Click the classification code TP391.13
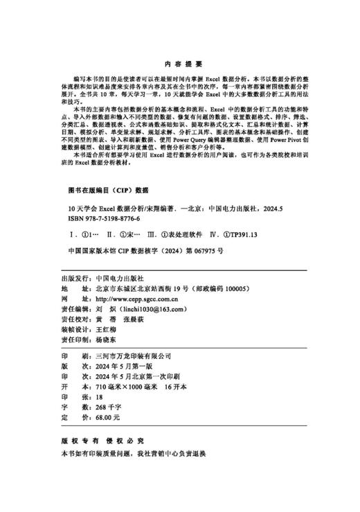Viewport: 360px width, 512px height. (x=237, y=234)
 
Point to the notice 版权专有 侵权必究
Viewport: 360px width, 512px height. (x=102, y=441)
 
